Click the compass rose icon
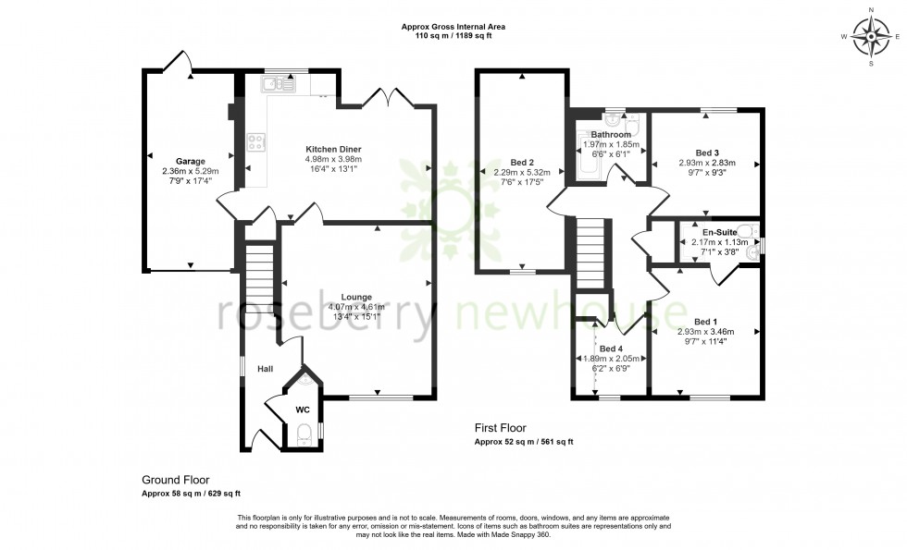(x=870, y=37)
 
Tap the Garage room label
(x=191, y=161)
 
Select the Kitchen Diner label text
(x=334, y=149)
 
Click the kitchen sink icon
(x=278, y=85)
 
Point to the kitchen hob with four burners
(x=256, y=143)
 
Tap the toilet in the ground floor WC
(x=305, y=432)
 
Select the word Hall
(x=265, y=369)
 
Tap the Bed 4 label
(x=610, y=348)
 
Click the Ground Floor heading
(x=175, y=480)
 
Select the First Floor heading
(x=500, y=428)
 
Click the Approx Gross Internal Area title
(x=453, y=27)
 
